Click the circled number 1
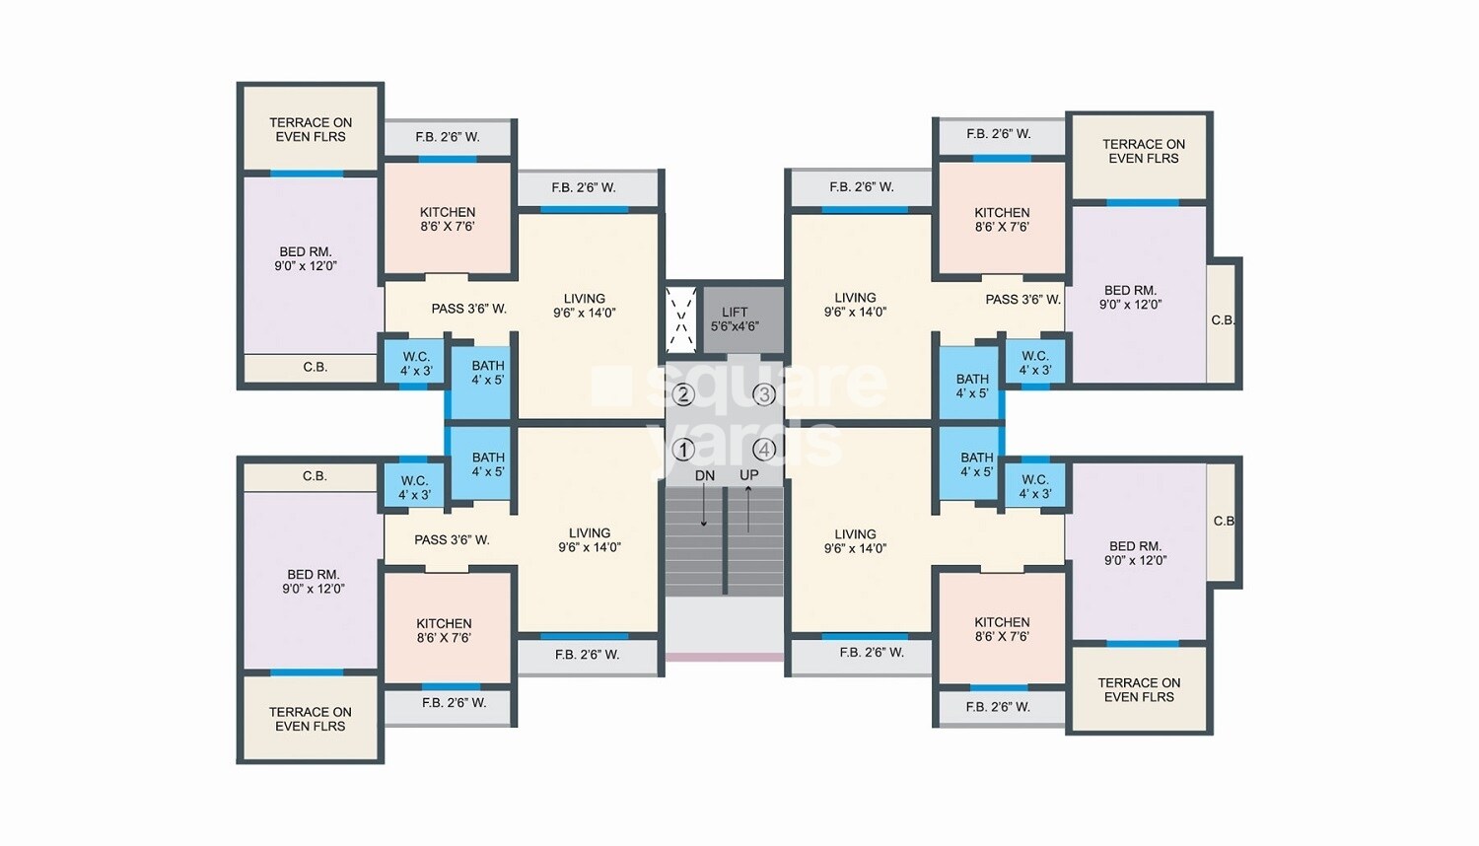click(x=682, y=450)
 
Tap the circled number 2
click(x=682, y=394)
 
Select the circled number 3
click(x=764, y=394)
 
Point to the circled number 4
click(x=764, y=450)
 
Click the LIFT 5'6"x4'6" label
click(x=735, y=319)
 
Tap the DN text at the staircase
click(x=704, y=475)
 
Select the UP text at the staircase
click(x=749, y=475)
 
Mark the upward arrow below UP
click(x=748, y=508)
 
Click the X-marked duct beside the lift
click(x=681, y=318)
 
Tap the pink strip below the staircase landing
click(x=725, y=656)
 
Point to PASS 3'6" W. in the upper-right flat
click(x=1022, y=299)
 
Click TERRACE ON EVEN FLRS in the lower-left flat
click(x=310, y=719)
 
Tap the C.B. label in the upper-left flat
click(x=315, y=367)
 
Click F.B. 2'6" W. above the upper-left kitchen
click(x=448, y=137)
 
